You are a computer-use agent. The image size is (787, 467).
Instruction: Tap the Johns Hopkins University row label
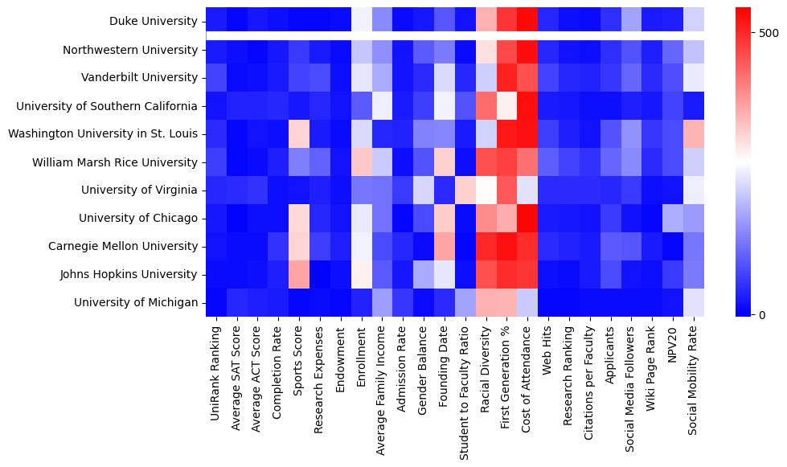(129, 274)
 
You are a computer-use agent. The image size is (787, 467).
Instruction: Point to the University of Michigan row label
(136, 302)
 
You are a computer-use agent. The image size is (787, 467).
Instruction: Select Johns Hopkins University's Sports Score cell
(300, 274)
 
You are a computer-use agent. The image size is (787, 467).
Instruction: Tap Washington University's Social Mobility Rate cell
(694, 134)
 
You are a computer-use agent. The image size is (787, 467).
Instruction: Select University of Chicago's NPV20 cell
(673, 218)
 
